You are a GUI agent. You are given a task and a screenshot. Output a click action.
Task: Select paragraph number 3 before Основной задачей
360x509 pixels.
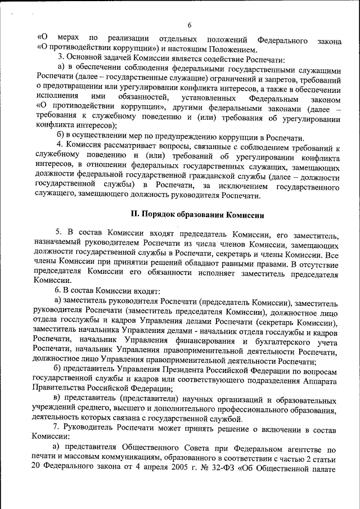click(x=60, y=60)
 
